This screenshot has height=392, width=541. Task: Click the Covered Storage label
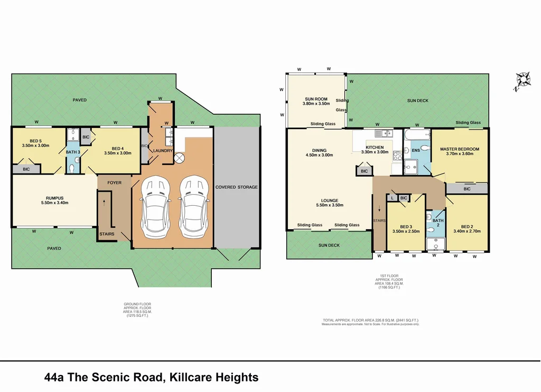(236, 187)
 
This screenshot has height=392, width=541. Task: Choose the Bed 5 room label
(35, 141)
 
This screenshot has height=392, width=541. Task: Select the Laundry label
(163, 151)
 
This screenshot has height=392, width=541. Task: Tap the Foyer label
(114, 183)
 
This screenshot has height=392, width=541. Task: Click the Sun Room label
(316, 99)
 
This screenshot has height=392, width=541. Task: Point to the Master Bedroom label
(460, 149)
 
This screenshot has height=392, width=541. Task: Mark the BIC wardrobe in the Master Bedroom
(467, 188)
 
